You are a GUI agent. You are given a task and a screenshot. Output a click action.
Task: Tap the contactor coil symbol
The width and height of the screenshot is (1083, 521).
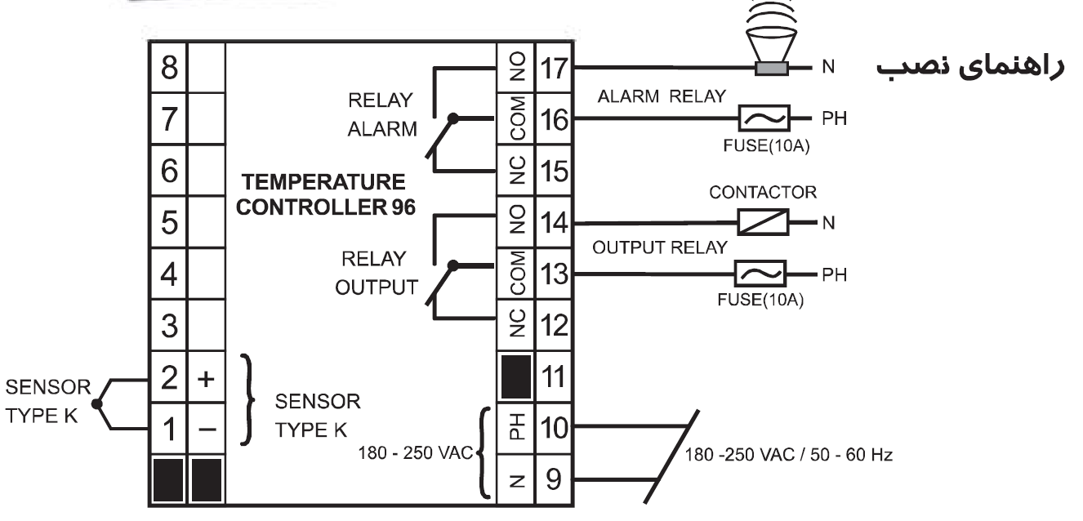click(x=762, y=221)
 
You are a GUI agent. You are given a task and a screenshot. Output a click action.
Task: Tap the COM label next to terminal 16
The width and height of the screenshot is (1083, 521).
click(x=515, y=119)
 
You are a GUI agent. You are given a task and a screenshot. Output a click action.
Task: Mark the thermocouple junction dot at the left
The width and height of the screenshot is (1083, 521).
click(x=96, y=403)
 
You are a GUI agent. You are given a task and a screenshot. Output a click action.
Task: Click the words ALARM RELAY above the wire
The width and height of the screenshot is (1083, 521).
click(x=662, y=96)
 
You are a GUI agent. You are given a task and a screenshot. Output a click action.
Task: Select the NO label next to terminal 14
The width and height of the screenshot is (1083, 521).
click(x=515, y=221)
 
